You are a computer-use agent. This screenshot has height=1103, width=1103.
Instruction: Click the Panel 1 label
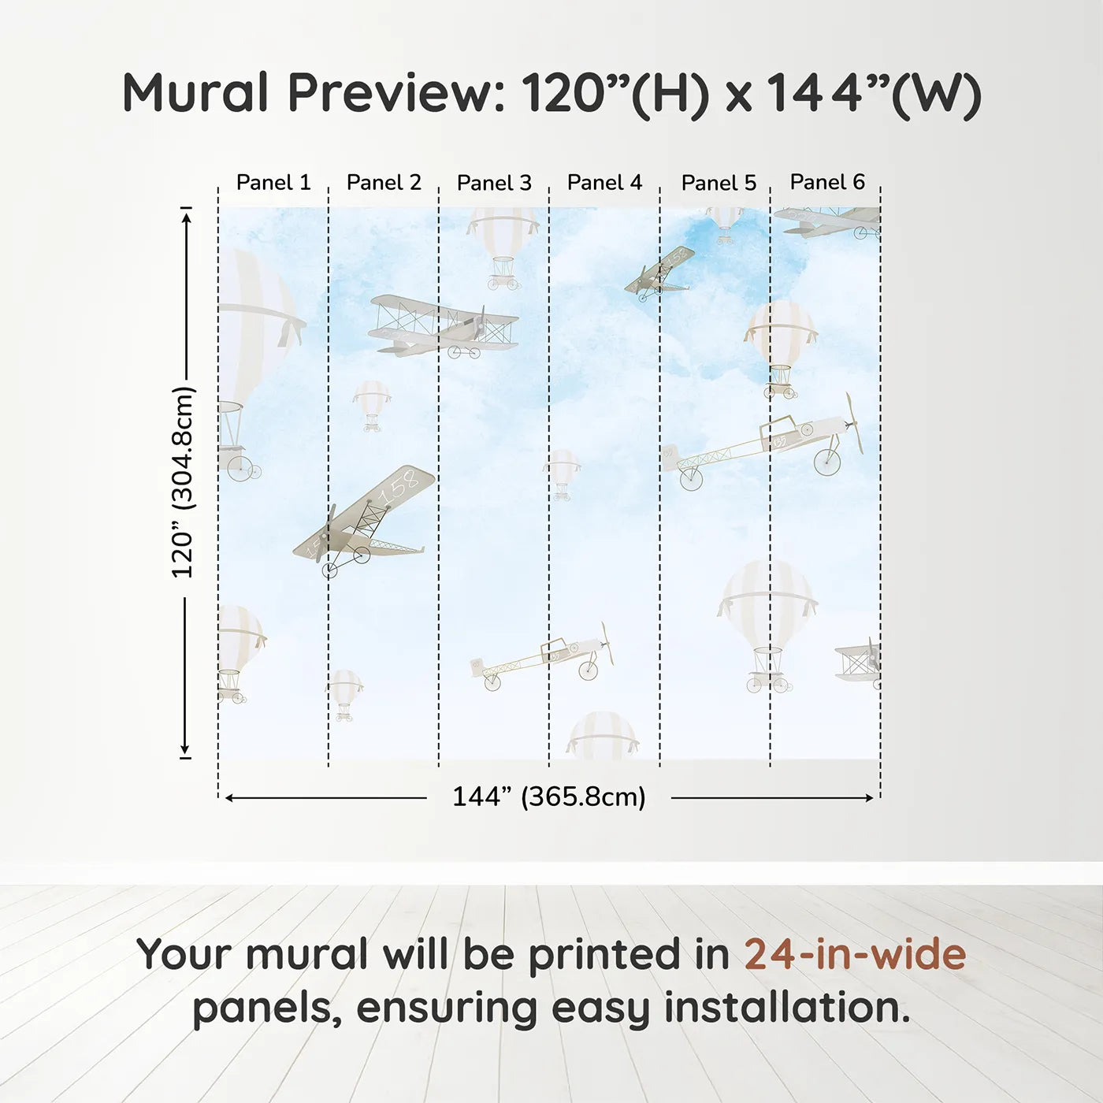pos(273,183)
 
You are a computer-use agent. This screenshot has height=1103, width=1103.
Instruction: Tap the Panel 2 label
pos(384,183)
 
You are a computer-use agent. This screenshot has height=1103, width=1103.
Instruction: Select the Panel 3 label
pos(494,183)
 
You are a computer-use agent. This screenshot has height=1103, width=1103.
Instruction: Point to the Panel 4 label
pos(604,183)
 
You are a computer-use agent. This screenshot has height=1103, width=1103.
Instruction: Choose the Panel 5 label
pos(719,183)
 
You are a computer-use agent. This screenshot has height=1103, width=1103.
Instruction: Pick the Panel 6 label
pos(827,182)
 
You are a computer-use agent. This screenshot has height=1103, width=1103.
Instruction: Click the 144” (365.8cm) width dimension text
pos(548,797)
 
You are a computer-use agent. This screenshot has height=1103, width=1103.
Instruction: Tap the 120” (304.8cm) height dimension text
pos(183,482)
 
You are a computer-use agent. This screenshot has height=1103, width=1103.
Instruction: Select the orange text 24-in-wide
pos(855,954)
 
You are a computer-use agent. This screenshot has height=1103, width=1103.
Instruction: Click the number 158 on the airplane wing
pos(398,489)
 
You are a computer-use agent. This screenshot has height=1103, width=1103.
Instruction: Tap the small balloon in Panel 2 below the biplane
pos(371,404)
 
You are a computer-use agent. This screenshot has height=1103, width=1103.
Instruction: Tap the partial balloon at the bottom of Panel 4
pos(603,736)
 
